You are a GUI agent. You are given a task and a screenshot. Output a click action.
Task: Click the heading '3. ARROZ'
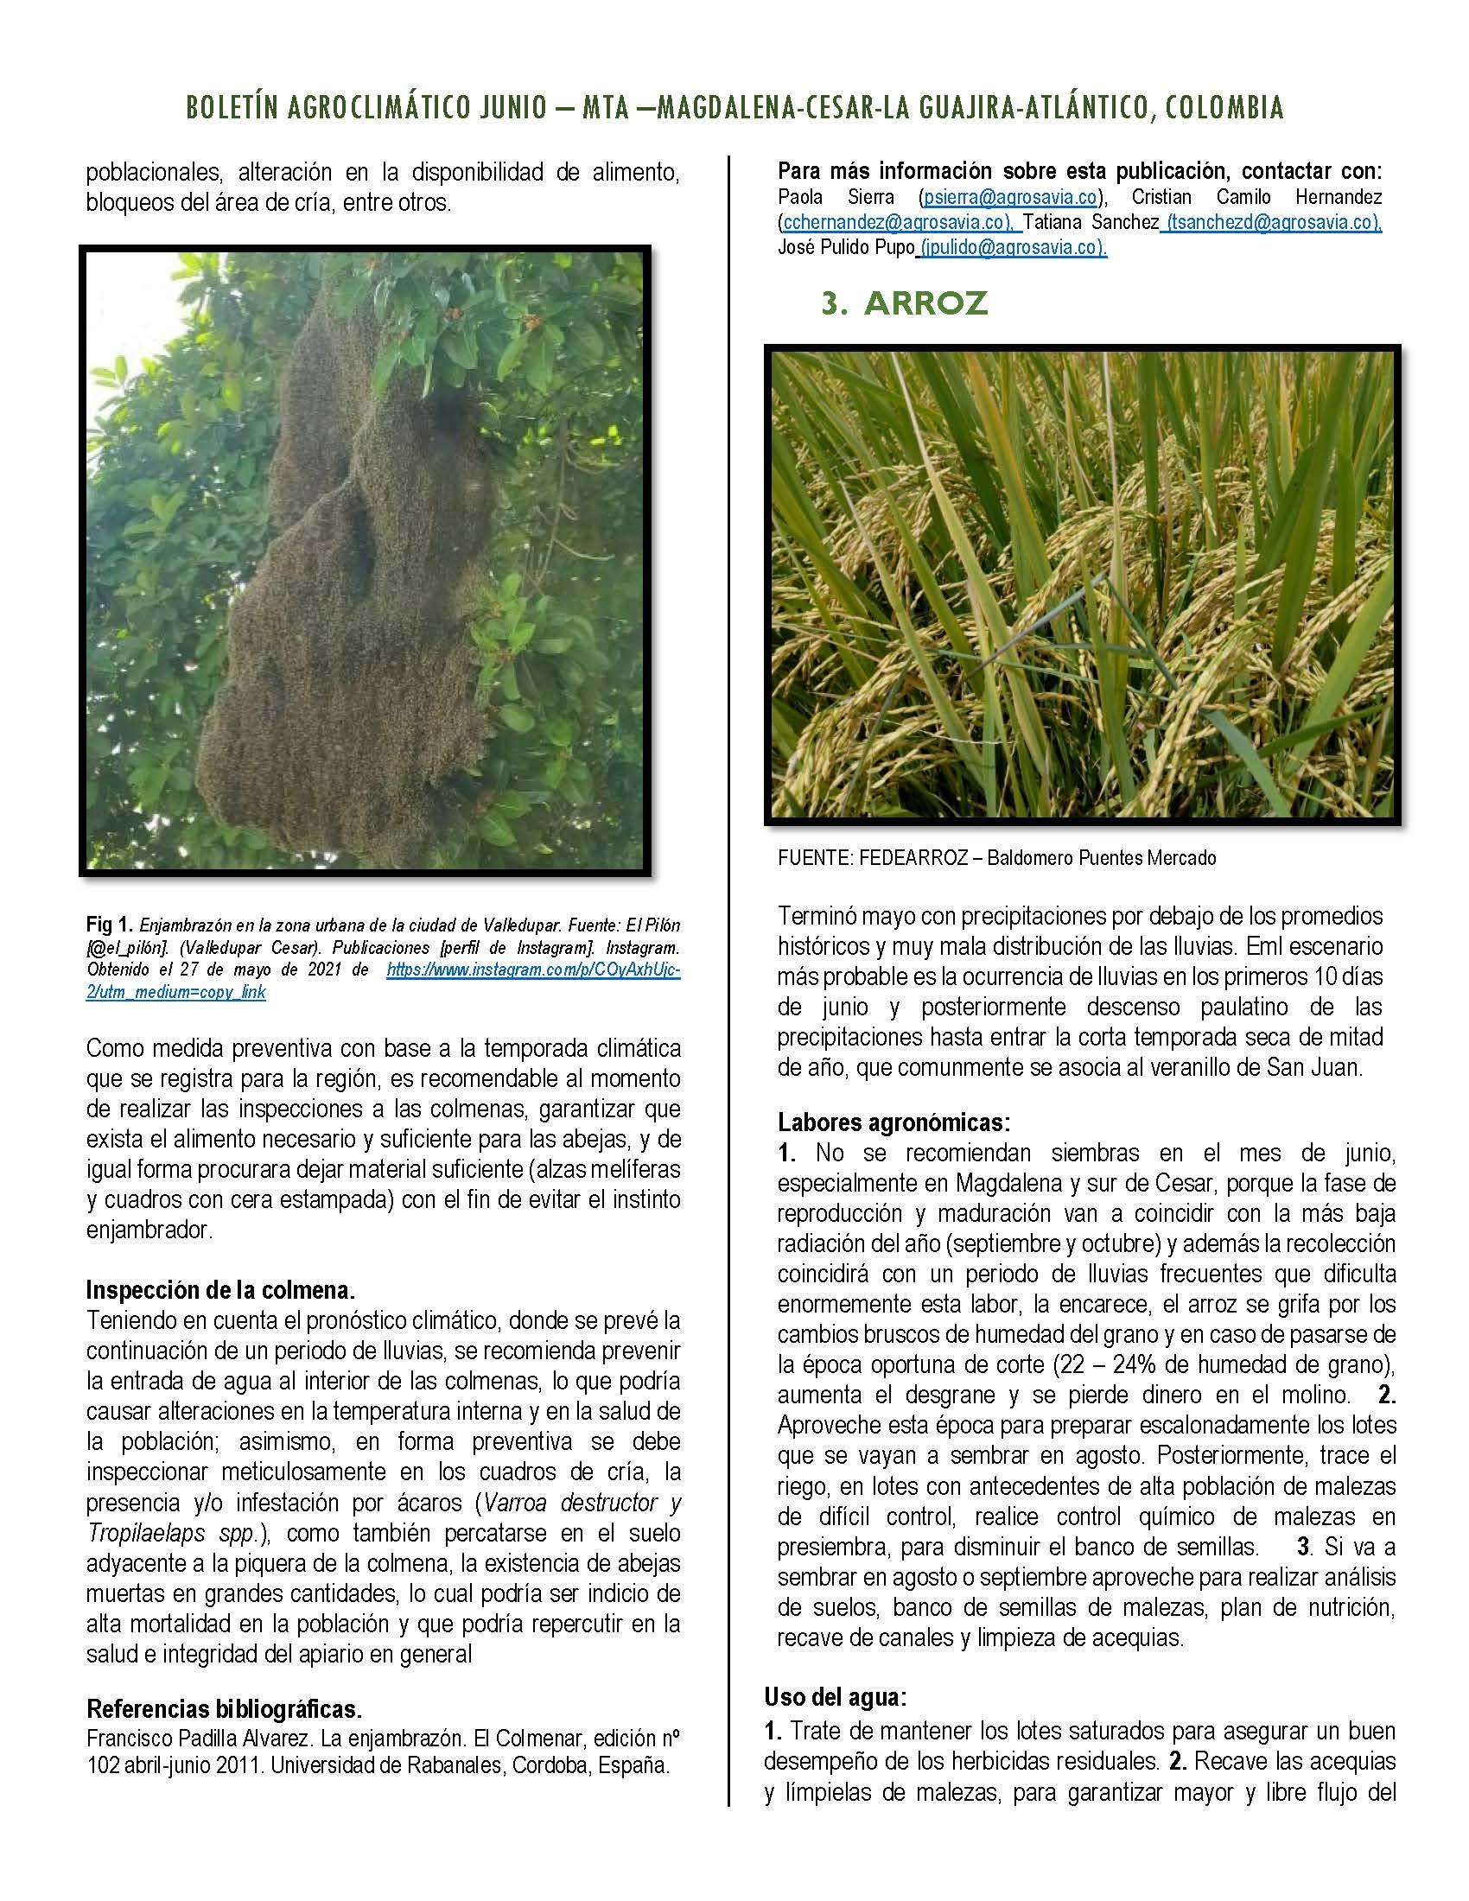[x=904, y=303]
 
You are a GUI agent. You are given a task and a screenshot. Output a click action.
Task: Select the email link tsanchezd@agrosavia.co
[x=1272, y=223]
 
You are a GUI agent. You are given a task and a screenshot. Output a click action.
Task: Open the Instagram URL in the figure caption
[x=532, y=970]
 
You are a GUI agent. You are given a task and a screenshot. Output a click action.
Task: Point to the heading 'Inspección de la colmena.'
[x=220, y=1289]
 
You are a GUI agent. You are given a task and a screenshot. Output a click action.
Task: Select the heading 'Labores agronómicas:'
[x=893, y=1122]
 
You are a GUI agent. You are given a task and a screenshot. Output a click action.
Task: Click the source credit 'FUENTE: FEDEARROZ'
[x=871, y=858]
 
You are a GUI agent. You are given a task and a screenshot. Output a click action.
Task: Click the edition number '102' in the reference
[x=104, y=1767]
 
